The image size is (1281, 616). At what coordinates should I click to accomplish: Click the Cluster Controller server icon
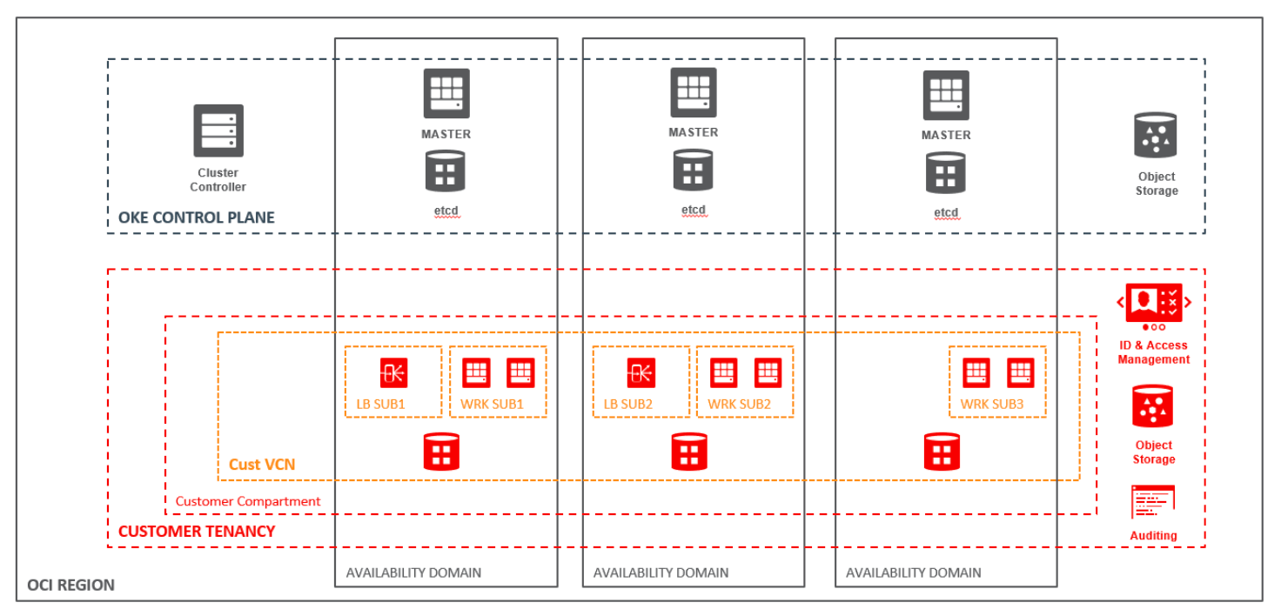(218, 131)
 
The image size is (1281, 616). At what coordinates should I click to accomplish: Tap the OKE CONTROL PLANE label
(197, 218)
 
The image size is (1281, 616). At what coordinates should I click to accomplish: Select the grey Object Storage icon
(1156, 135)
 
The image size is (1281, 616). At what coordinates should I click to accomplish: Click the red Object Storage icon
(1153, 406)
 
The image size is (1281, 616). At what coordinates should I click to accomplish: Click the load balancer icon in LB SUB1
(393, 373)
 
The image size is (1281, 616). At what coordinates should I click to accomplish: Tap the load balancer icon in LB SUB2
(640, 373)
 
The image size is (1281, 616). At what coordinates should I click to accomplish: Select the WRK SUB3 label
(992, 405)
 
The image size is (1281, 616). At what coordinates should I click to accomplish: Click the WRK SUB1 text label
(493, 405)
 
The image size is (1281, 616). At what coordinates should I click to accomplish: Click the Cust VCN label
(262, 465)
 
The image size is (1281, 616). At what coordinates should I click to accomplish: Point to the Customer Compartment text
(248, 501)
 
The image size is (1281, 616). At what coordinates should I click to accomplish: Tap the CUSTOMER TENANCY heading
(197, 531)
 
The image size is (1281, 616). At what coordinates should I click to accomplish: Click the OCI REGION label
(71, 585)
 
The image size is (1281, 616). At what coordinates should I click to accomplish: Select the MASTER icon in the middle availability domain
(694, 92)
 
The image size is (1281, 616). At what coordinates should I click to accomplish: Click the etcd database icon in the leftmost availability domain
(445, 171)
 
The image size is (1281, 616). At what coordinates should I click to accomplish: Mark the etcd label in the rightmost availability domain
(946, 213)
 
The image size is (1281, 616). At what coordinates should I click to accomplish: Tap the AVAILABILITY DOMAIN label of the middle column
(661, 572)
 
